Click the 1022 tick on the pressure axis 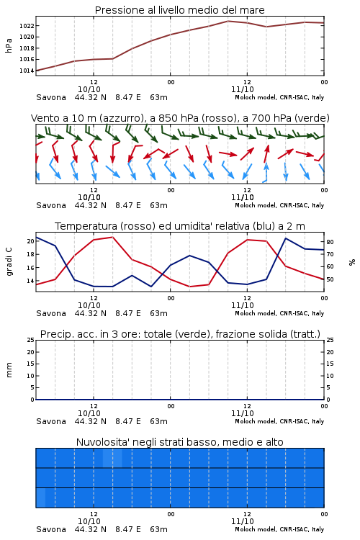(27, 26)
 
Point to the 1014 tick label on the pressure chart (27, 71)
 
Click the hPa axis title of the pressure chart (9, 45)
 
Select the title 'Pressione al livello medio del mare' (180, 10)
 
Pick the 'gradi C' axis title (9, 262)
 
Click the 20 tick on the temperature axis (31, 241)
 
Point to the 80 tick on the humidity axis (330, 242)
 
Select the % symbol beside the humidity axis (352, 262)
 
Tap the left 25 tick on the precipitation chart (31, 340)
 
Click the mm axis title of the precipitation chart (9, 370)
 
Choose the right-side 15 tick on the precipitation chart (330, 364)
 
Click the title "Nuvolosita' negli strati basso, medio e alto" (180, 442)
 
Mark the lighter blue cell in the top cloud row (112, 458)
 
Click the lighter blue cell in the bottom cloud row (40, 498)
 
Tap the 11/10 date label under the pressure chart (243, 89)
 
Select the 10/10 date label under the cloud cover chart (89, 521)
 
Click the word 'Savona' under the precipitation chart (51, 421)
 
